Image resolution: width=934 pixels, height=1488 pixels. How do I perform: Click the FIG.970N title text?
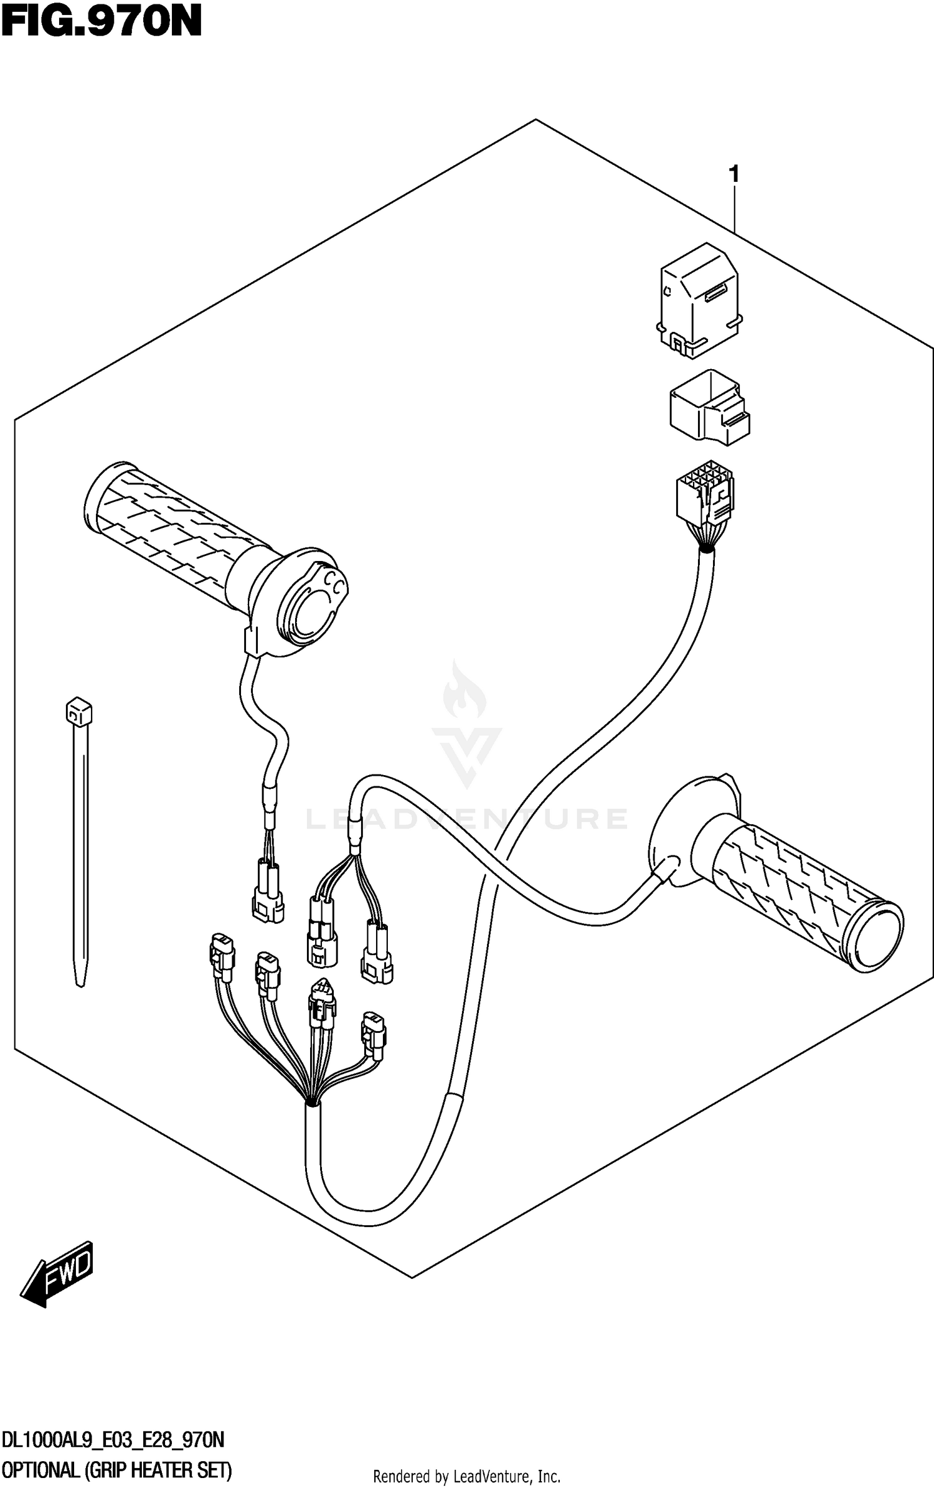coord(101,22)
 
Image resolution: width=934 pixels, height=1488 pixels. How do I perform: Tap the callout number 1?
coord(735,175)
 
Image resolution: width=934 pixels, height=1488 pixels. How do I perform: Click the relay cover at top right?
coord(699,299)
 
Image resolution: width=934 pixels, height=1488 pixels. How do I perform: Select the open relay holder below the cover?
coord(709,407)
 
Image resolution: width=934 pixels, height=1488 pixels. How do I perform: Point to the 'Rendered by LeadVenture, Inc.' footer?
coord(466,1476)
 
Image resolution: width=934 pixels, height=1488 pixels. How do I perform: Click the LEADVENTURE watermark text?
coord(466,819)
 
